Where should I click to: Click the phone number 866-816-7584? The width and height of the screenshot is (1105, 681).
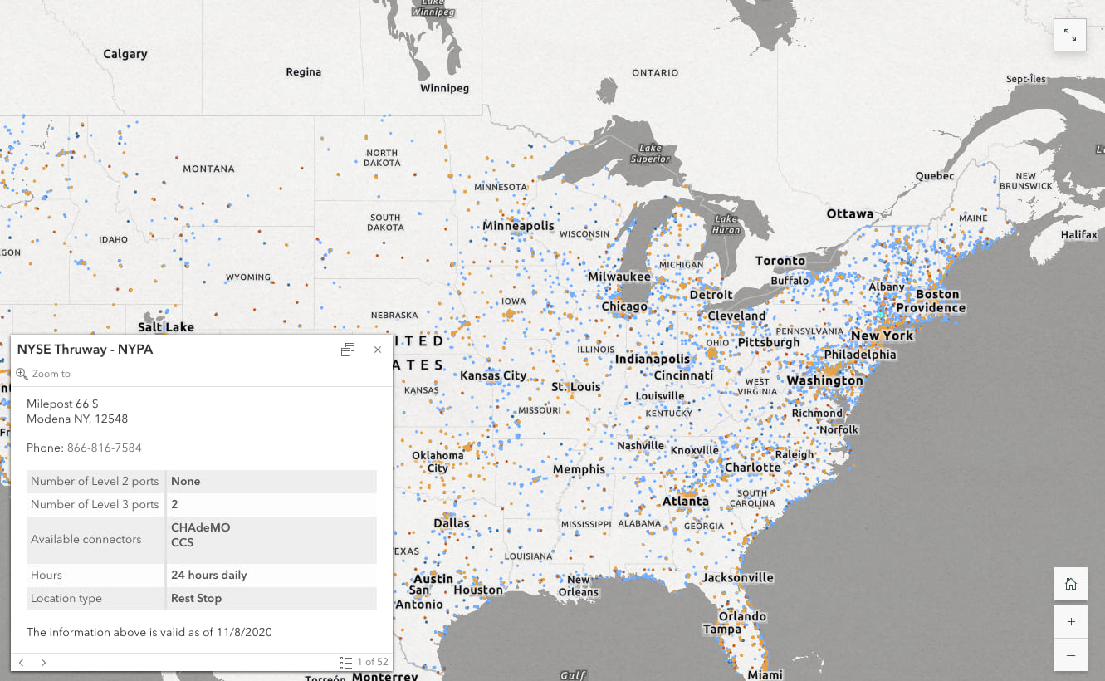click(x=104, y=448)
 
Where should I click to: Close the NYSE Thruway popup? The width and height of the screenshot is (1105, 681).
click(x=378, y=350)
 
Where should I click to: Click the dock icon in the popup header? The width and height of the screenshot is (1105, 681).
click(x=348, y=350)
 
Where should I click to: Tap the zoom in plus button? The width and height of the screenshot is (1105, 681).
click(x=1070, y=621)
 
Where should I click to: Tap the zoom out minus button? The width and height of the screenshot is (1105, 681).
click(x=1070, y=655)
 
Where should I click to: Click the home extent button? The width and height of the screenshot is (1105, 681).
click(x=1070, y=584)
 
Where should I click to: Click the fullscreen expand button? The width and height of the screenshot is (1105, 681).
click(x=1069, y=36)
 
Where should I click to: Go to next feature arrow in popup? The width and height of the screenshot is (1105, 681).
click(x=43, y=662)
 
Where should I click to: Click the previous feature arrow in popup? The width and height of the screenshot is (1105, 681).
click(x=22, y=662)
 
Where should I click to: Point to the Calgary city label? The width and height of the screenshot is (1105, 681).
click(x=125, y=54)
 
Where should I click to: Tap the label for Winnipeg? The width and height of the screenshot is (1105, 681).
click(x=444, y=88)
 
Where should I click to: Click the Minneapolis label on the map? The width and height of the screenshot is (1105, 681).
click(x=518, y=226)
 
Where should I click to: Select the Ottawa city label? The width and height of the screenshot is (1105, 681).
click(x=849, y=214)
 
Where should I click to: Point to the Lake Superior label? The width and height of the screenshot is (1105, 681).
click(x=650, y=154)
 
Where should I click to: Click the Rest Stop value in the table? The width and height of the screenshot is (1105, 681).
click(x=196, y=598)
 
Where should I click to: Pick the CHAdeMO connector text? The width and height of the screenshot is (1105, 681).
click(x=200, y=528)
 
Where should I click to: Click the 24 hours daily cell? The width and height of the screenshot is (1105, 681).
click(x=208, y=575)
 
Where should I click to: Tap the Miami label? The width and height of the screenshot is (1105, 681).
click(x=765, y=674)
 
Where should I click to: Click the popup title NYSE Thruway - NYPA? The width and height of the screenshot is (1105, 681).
click(x=85, y=350)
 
